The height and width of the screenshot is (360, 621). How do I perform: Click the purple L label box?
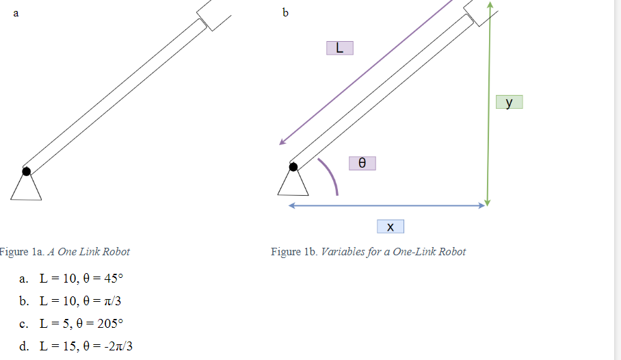tap(340, 48)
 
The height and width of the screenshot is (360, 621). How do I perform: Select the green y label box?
tap(509, 102)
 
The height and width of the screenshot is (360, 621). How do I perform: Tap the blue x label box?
tap(390, 227)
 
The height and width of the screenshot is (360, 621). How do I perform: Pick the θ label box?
tap(362, 163)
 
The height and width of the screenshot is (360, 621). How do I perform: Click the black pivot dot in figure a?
tap(26, 171)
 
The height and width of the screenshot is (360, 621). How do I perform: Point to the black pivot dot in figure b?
tap(293, 166)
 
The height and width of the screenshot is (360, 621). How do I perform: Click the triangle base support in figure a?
tap(26, 188)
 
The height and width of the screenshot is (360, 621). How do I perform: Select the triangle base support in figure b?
tap(293, 183)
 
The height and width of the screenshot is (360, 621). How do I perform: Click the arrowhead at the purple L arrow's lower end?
tap(282, 142)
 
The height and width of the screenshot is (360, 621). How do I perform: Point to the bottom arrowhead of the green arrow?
tap(487, 202)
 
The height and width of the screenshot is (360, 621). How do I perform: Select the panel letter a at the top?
tap(16, 12)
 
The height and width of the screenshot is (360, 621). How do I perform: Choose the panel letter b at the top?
tap(285, 12)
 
